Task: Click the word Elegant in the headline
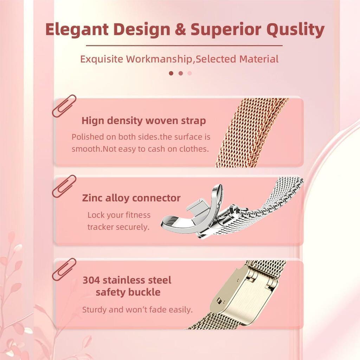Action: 77,30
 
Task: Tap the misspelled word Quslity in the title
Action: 295,30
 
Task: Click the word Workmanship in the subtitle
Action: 159,59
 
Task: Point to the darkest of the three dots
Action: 171,73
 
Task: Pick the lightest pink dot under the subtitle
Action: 189,73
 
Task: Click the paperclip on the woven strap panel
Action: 64,106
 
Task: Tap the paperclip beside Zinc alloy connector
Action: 64,186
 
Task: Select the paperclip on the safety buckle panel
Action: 64,269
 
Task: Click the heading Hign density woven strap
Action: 144,121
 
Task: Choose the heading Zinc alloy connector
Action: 131,198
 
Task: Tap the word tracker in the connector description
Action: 101,227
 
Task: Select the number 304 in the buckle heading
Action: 91,280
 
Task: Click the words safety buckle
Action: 128,292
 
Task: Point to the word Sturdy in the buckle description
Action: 94,310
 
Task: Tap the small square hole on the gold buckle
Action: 219,301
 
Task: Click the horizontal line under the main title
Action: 184,46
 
